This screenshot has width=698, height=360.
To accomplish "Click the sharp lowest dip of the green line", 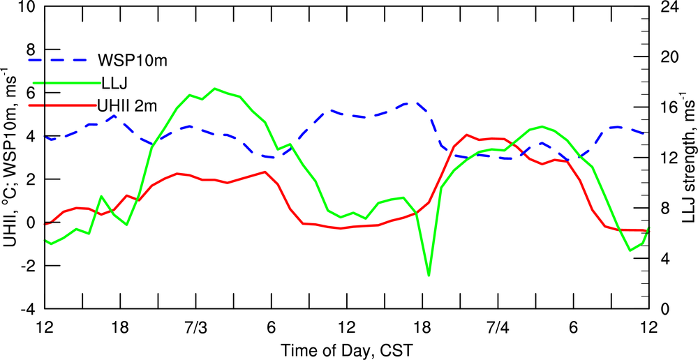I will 429,276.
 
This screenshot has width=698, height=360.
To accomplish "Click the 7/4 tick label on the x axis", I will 498,327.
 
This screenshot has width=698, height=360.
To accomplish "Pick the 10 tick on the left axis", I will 28,7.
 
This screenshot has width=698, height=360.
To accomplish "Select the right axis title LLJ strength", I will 688,157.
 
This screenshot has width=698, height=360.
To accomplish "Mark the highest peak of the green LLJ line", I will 215,89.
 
